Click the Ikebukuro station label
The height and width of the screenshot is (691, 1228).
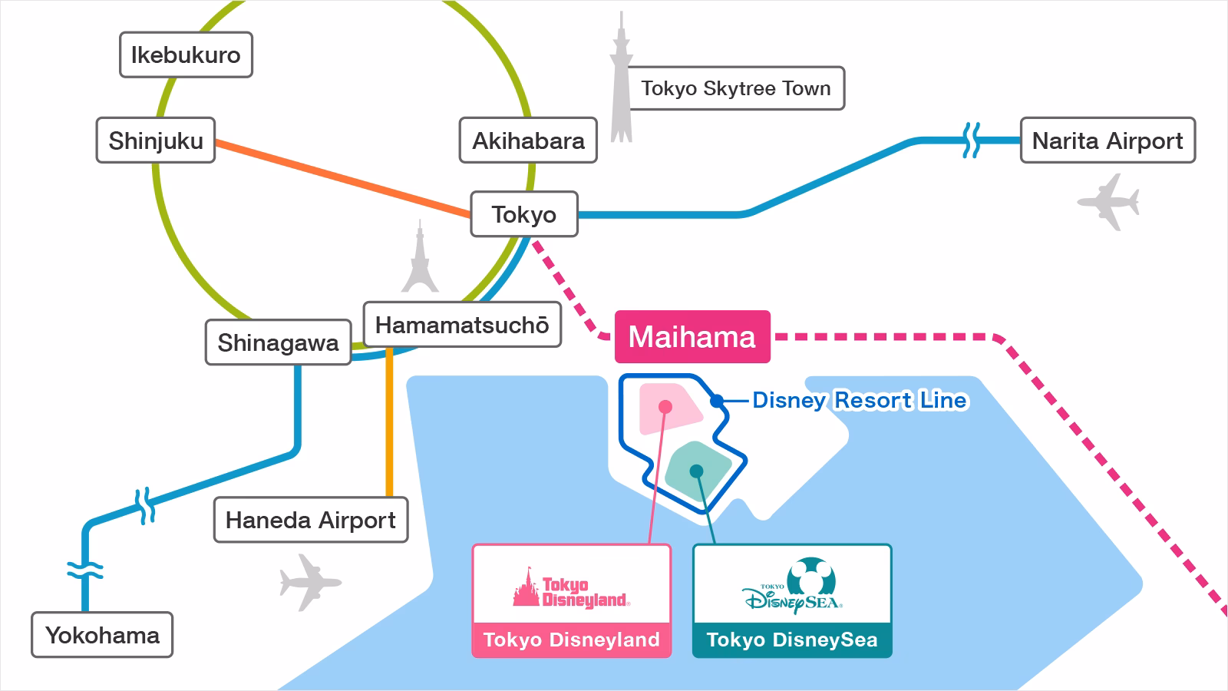click(x=186, y=55)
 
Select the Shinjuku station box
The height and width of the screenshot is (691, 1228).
click(x=156, y=141)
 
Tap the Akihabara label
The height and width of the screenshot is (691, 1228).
click(x=528, y=141)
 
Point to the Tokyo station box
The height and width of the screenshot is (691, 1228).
click(x=523, y=214)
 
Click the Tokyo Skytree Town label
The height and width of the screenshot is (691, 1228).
click(x=736, y=88)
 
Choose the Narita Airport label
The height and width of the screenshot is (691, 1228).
click(x=1108, y=141)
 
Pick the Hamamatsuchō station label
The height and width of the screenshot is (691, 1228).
click(x=462, y=325)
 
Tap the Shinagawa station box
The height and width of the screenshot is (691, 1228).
click(x=278, y=342)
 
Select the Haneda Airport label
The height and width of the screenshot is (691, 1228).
click(x=311, y=520)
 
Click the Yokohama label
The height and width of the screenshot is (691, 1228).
click(x=102, y=635)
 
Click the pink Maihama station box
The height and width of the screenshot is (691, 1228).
click(x=692, y=337)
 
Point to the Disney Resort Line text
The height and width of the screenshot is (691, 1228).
click(x=860, y=400)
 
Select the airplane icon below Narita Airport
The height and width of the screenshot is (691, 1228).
click(x=1108, y=201)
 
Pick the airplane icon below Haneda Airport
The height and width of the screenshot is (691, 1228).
click(x=310, y=582)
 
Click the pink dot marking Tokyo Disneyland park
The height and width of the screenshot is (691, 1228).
click(x=665, y=407)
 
